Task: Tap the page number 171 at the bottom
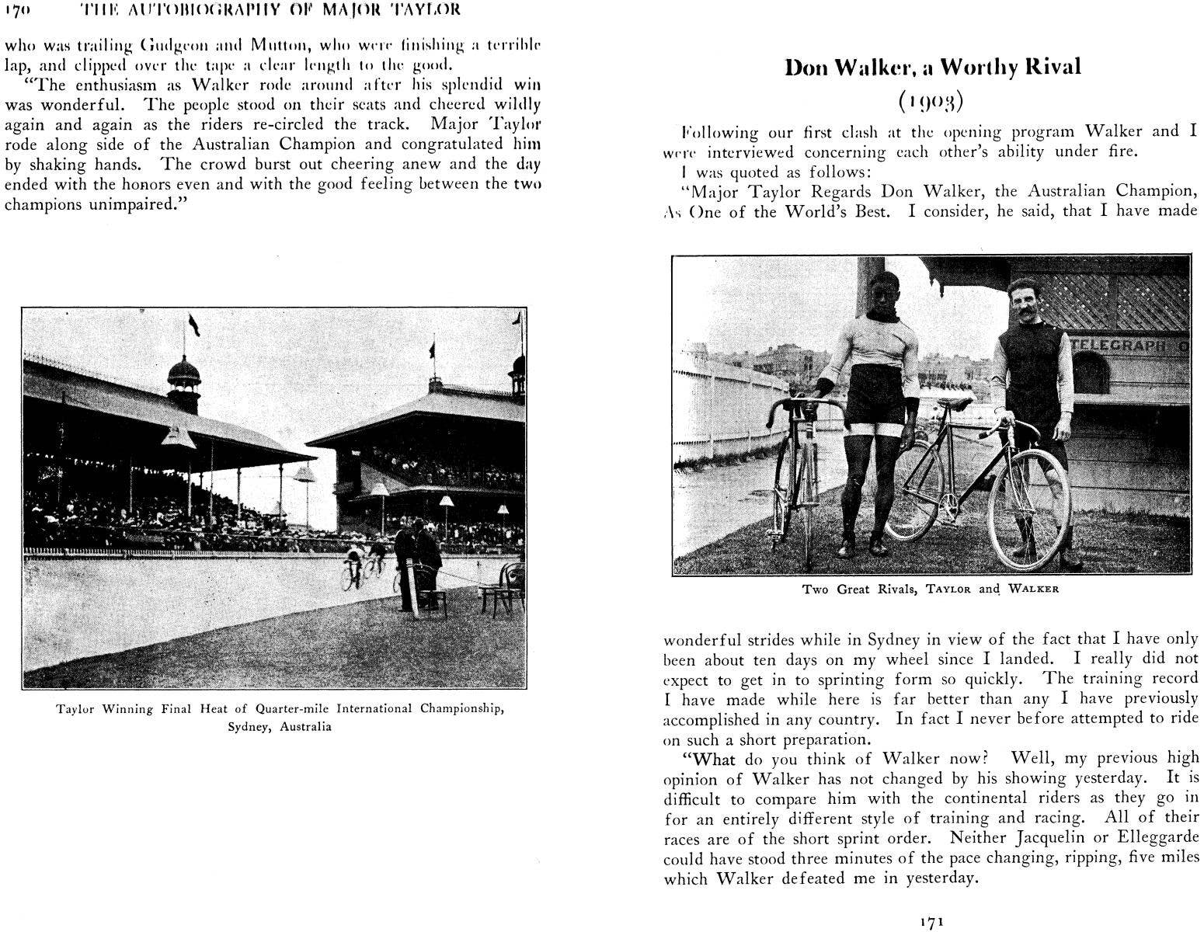(x=931, y=922)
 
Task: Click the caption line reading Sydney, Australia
(x=280, y=727)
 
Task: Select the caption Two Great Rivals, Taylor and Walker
(x=931, y=589)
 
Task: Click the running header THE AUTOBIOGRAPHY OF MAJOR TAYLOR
(x=270, y=10)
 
